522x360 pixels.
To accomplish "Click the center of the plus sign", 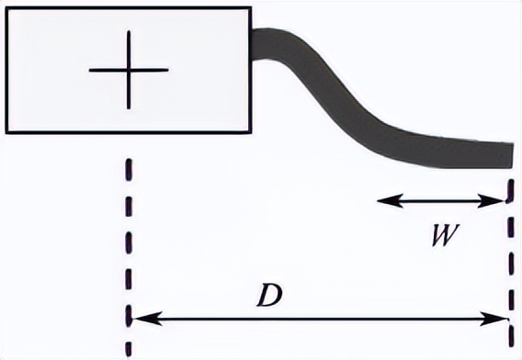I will [130, 70].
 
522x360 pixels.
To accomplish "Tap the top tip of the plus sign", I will [130, 31].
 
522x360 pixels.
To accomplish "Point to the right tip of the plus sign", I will [168, 70].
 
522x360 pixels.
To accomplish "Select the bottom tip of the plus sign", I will [130, 108].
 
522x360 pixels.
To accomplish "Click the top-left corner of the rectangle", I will [7, 7].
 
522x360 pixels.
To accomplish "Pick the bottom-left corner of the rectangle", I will [7, 132].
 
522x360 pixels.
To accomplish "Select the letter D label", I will [267, 297].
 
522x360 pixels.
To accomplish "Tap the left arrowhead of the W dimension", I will [380, 199].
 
